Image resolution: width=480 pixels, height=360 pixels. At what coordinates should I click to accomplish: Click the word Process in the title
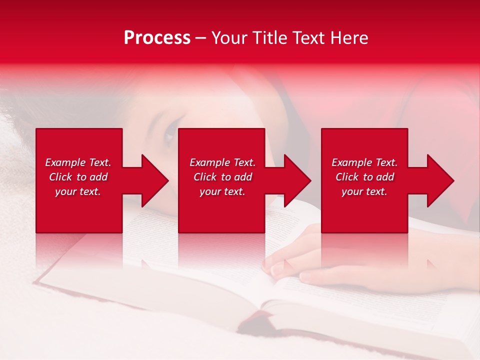click(x=157, y=38)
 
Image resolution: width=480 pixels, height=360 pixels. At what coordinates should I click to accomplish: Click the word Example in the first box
click(x=65, y=162)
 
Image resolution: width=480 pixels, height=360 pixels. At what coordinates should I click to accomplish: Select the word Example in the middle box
click(x=209, y=162)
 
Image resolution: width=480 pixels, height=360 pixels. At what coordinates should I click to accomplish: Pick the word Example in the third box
click(x=351, y=162)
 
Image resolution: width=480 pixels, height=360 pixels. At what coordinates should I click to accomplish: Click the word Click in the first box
click(x=60, y=177)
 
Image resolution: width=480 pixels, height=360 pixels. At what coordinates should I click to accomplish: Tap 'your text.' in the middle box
click(x=222, y=191)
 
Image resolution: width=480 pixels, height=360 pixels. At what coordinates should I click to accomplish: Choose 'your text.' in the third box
click(x=364, y=191)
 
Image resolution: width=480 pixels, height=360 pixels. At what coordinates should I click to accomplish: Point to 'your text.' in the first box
click(x=77, y=191)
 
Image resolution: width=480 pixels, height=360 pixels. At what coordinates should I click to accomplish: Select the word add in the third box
click(x=385, y=177)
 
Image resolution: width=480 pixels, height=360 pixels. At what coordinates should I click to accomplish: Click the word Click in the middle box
click(x=205, y=177)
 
